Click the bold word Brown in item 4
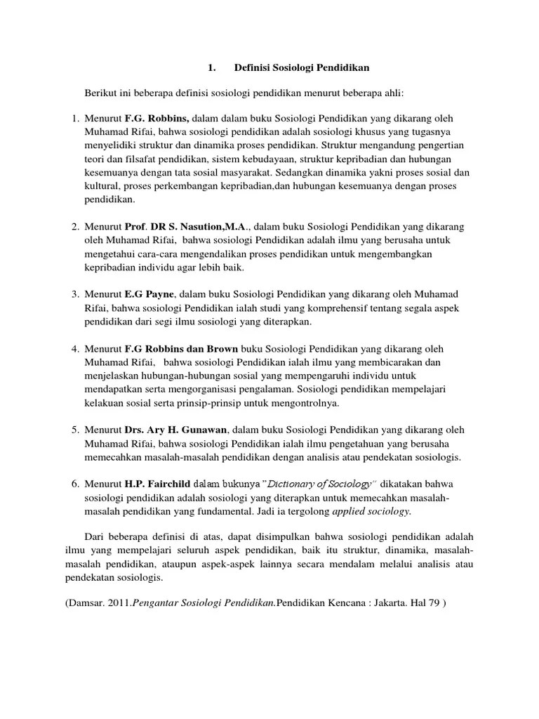[x=221, y=349]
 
